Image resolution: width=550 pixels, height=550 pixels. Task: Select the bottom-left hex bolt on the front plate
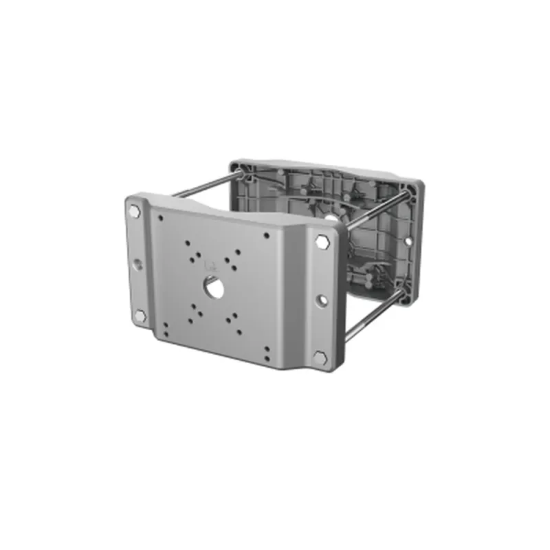140,316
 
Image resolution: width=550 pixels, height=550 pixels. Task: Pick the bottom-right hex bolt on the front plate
319,357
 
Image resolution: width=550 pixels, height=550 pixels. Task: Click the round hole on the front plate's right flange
321,300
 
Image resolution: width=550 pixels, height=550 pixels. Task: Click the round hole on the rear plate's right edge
410,242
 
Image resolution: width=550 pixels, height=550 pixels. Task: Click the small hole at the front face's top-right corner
267,236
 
